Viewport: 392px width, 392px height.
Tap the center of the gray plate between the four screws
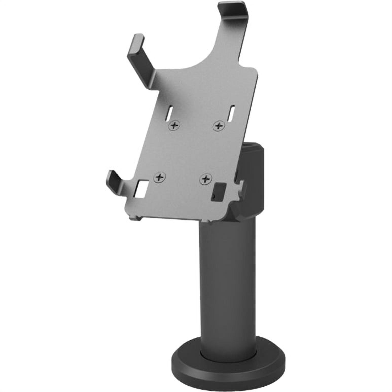click(190, 152)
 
